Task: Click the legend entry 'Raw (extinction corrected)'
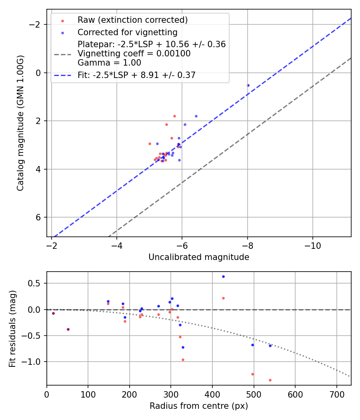(132, 20)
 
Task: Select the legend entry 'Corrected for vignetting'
(127, 32)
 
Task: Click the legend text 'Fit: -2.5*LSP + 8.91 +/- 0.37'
(136, 75)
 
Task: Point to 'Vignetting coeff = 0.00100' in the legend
(134, 54)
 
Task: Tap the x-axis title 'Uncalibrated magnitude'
(199, 257)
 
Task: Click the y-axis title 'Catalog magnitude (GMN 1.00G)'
(20, 123)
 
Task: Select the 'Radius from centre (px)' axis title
(199, 406)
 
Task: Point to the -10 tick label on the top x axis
(312, 245)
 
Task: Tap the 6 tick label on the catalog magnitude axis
(39, 217)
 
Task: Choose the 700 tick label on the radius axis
(336, 394)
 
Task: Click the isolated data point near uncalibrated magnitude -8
(248, 85)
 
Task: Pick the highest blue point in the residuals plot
(223, 276)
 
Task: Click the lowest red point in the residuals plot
(270, 380)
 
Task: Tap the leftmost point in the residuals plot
(53, 313)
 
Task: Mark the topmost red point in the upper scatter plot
(174, 116)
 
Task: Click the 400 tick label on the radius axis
(212, 394)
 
